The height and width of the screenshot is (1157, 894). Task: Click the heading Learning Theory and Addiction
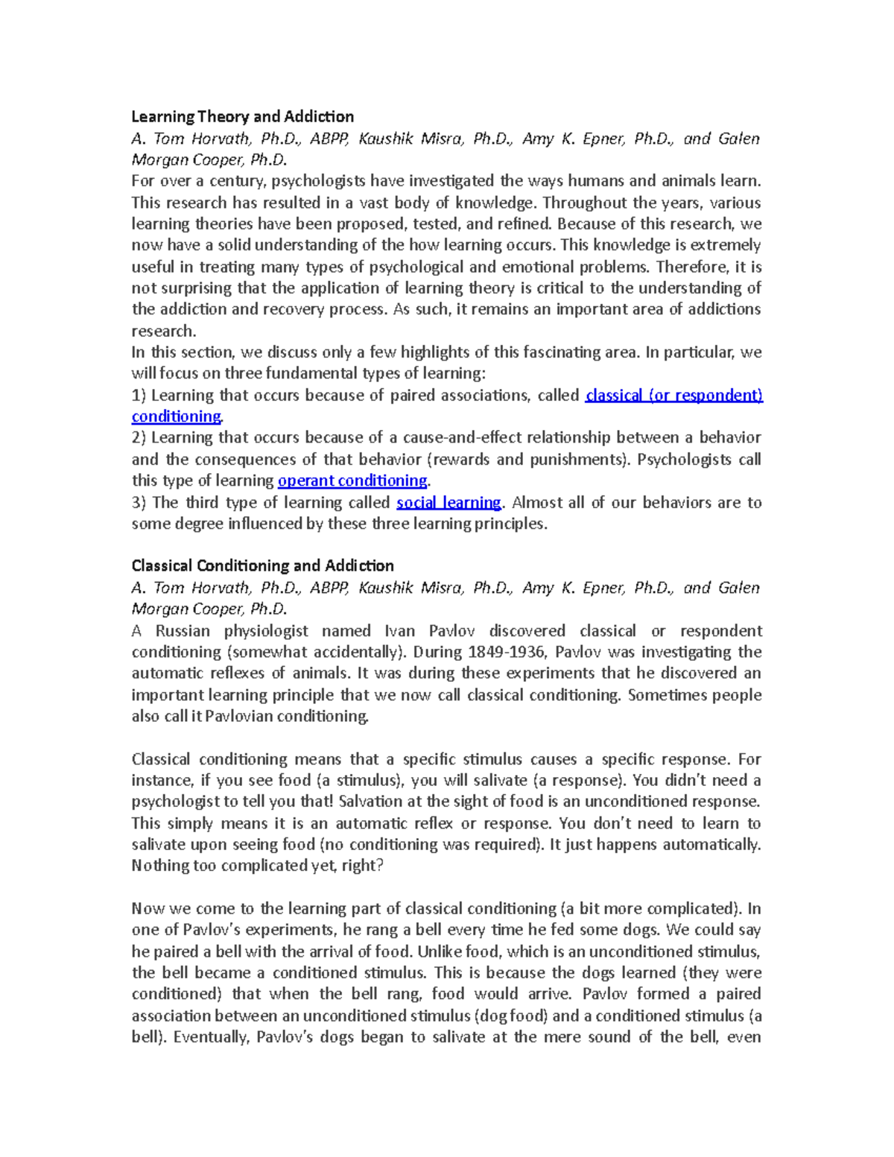tap(242, 116)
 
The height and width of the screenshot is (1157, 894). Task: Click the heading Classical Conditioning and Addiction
tap(262, 565)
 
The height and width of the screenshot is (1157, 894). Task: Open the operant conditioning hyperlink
tap(352, 481)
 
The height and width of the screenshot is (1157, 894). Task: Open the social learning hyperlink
tap(448, 502)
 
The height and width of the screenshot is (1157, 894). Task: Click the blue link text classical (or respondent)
tap(674, 395)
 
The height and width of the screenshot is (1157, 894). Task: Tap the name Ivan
tap(400, 631)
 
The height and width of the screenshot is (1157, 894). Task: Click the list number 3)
tap(139, 502)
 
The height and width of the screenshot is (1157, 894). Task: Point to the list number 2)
tap(139, 437)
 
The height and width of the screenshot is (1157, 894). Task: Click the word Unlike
tap(440, 951)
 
